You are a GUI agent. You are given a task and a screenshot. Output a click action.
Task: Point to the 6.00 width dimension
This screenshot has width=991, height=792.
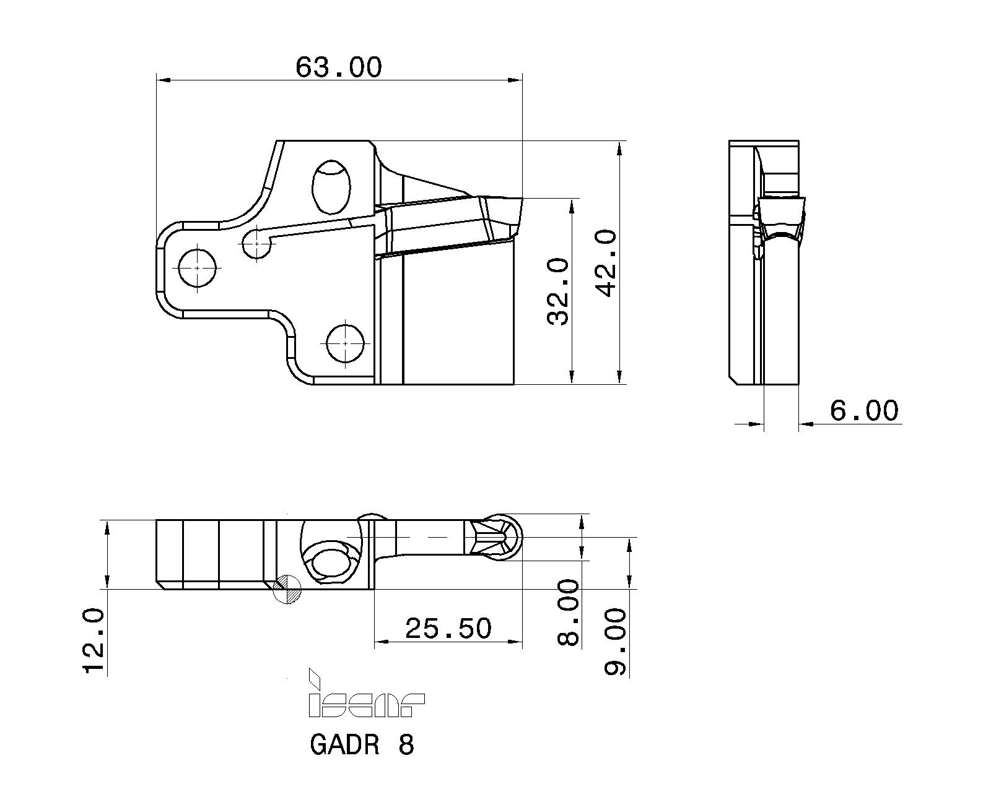tap(863, 410)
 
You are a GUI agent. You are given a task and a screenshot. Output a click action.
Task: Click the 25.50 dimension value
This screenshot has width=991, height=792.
tap(448, 629)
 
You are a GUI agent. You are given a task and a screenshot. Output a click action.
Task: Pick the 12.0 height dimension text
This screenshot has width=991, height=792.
tap(94, 640)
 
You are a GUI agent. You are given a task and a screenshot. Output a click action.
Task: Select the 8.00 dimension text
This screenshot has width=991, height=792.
tap(568, 613)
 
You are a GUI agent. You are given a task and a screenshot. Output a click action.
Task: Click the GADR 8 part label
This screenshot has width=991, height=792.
tap(362, 745)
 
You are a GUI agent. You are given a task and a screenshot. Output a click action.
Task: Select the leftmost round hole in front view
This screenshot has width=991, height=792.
tap(197, 267)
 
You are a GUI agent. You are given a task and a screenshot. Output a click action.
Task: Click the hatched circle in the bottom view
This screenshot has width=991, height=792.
tap(287, 588)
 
